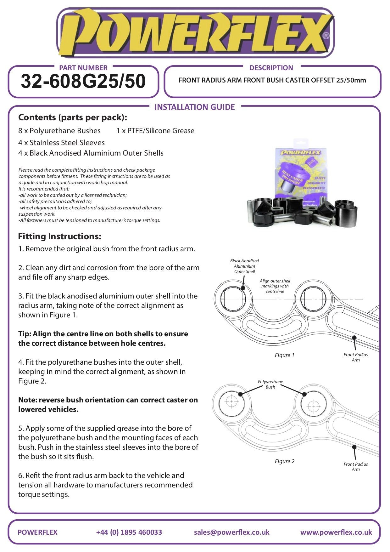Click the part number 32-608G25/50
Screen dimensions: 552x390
(83, 81)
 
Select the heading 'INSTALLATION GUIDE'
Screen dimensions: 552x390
(194, 107)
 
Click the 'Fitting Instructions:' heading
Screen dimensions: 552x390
(59, 236)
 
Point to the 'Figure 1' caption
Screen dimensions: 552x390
(284, 355)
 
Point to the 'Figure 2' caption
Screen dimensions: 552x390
(284, 461)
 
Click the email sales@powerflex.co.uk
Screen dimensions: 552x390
(231, 532)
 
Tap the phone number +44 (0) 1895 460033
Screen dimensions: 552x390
(129, 532)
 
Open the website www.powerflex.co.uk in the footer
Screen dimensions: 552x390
(336, 532)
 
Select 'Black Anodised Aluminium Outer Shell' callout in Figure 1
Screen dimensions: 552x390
(244, 266)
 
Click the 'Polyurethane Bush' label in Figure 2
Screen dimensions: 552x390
(270, 384)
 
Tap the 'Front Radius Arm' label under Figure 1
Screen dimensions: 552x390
(355, 357)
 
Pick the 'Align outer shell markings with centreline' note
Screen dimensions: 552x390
(275, 286)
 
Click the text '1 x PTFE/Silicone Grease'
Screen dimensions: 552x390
(155, 131)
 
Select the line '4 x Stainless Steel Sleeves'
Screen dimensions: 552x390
(61, 143)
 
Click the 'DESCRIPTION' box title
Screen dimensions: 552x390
(271, 68)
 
